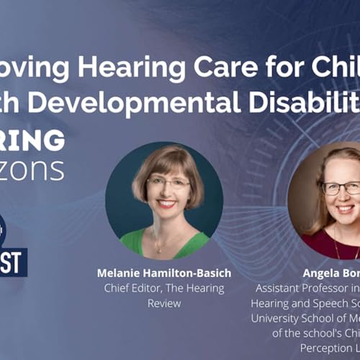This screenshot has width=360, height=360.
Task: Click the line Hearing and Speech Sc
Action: (306, 302)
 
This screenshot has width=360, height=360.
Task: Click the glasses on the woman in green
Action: (167, 183)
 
